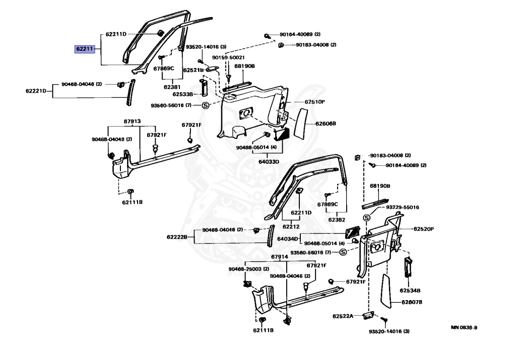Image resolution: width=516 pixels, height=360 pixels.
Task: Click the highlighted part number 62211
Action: (x=84, y=49)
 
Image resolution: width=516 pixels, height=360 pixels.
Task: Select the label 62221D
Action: (x=36, y=91)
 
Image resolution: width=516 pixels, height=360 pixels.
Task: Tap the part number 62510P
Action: (x=314, y=102)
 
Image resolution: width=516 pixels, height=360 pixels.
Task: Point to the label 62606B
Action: (x=326, y=123)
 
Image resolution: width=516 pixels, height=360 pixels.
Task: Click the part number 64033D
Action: (x=269, y=162)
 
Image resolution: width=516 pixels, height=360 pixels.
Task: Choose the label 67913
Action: (x=132, y=121)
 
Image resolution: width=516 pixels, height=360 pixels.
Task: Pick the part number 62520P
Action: (x=424, y=229)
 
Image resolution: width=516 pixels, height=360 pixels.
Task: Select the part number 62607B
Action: (x=412, y=302)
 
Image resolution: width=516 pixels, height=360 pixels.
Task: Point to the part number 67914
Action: (x=279, y=257)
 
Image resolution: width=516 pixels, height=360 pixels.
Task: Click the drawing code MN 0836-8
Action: (x=464, y=327)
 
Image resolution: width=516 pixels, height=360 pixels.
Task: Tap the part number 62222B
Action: (x=177, y=237)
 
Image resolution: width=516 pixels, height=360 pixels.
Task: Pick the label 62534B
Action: (x=410, y=291)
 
